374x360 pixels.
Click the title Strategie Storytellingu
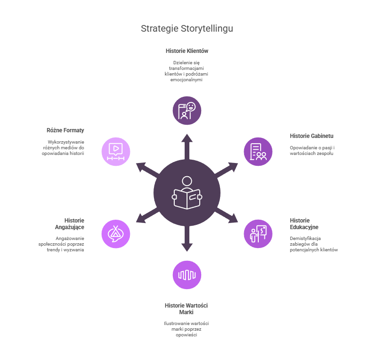point(187,28)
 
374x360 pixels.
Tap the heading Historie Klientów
point(187,51)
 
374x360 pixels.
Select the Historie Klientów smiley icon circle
point(187,111)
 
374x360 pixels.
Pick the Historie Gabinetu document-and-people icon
point(258,152)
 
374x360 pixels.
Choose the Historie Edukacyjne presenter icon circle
point(258,233)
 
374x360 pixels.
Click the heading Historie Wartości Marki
point(187,309)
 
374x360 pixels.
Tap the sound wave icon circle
point(187,274)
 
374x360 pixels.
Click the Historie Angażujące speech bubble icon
point(116,233)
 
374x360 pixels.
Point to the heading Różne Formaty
point(66,130)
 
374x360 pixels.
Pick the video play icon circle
point(116,152)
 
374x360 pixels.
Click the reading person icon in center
point(187,192)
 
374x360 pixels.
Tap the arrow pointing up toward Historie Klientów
point(187,145)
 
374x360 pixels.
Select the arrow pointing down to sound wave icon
point(187,240)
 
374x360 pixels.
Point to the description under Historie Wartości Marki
point(187,329)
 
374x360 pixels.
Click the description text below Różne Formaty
point(63,147)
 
